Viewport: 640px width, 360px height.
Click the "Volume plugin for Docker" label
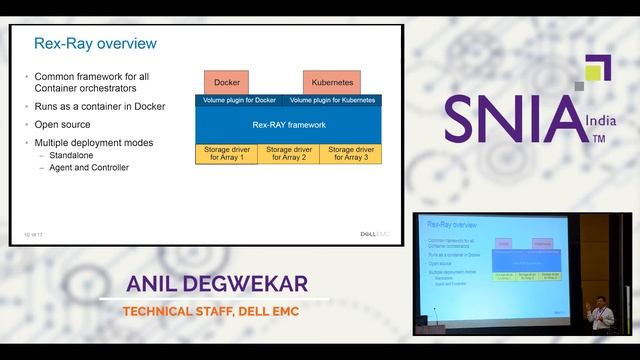point(239,100)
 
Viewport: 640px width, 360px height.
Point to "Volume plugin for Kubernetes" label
point(332,100)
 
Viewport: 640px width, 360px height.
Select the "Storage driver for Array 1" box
point(225,154)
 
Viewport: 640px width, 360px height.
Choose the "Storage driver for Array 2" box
point(287,154)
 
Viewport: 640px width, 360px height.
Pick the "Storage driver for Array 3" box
point(349,154)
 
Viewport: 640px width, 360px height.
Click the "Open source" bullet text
point(62,125)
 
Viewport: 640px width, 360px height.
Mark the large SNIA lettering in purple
point(512,119)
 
